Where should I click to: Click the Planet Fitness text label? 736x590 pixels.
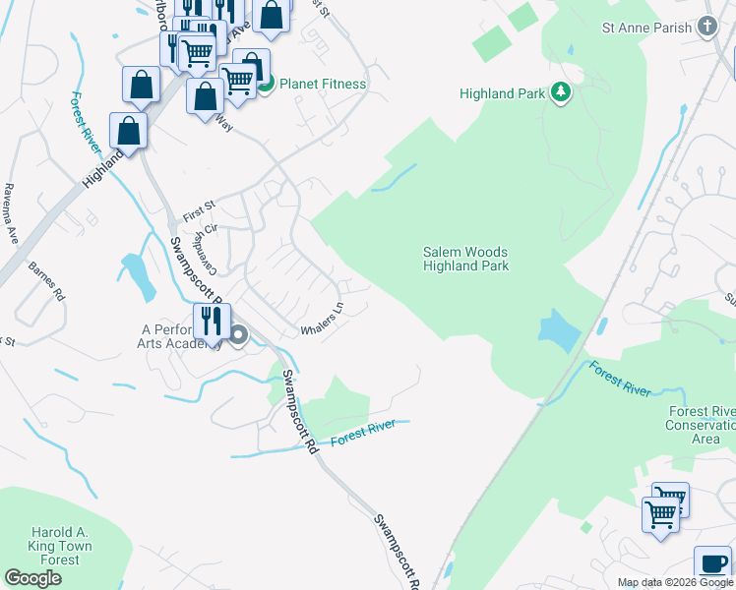pos(323,85)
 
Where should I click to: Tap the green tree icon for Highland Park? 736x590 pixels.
pos(561,93)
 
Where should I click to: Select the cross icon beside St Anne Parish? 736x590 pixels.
pos(706,28)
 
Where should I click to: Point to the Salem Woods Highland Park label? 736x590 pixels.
pos(465,259)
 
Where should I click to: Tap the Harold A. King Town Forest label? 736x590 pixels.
pos(47,546)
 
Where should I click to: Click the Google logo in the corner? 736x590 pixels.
pos(32,578)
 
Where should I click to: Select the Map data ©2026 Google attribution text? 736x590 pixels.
pos(674,582)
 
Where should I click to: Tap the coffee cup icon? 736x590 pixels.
pos(712,563)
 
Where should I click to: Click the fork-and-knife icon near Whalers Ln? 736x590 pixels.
pos(212,320)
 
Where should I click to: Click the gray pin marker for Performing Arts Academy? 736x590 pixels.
pos(240,336)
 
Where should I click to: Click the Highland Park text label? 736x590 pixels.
pos(501,94)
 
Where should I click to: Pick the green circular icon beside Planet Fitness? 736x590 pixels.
pos(266,85)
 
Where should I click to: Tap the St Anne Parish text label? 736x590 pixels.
pos(646,28)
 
